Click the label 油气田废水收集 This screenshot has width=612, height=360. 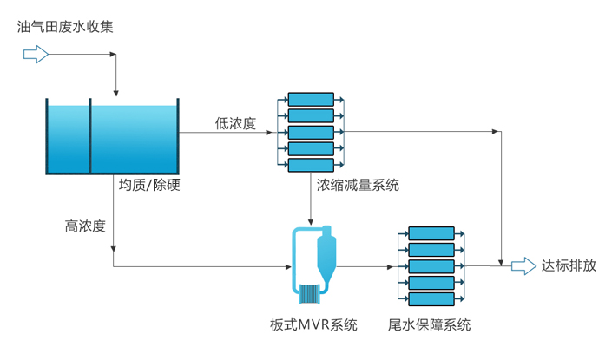65,27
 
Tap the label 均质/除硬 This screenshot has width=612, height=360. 148,184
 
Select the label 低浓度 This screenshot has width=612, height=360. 235,123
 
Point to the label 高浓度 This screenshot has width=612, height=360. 85,226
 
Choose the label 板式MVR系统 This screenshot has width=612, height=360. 313,326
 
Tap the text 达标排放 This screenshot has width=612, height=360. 569,266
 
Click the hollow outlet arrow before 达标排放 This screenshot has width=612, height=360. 523,266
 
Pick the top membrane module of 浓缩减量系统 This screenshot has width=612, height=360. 311,100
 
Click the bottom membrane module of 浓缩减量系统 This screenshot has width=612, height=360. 311,165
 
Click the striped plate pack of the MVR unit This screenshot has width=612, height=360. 308,293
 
